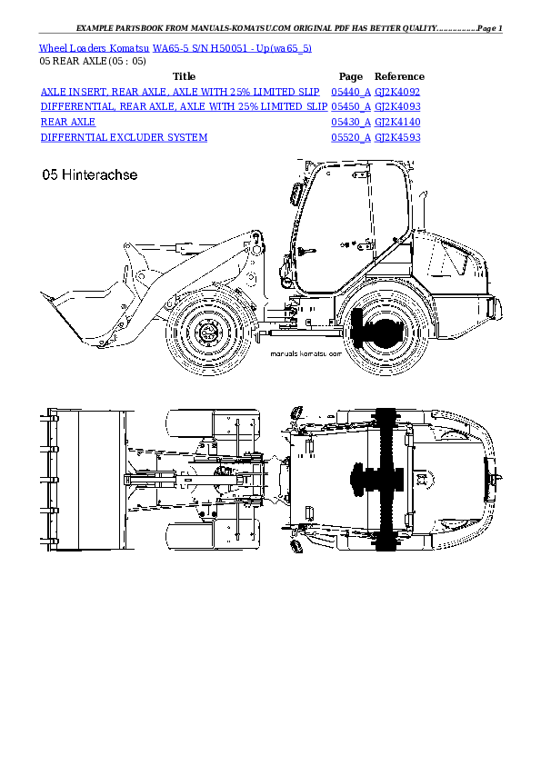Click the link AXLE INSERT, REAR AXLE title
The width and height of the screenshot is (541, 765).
click(x=180, y=92)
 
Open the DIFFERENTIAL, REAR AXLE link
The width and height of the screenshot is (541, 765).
click(x=184, y=106)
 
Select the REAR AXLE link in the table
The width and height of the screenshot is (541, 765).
click(x=68, y=122)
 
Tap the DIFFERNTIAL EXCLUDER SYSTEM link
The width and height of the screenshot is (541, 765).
click(x=124, y=137)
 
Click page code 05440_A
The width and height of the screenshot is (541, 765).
click(x=350, y=92)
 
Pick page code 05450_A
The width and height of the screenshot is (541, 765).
click(x=350, y=106)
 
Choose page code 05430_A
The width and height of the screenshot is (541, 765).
click(x=350, y=122)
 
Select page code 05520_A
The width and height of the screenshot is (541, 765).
click(x=350, y=137)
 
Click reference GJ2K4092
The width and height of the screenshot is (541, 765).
click(x=397, y=92)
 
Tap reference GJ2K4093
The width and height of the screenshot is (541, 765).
click(x=397, y=106)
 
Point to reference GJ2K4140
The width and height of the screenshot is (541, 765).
click(x=397, y=122)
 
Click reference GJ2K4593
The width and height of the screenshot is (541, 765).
click(x=397, y=137)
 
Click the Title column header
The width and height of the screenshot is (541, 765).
click(x=184, y=76)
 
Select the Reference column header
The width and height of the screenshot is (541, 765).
click(x=399, y=76)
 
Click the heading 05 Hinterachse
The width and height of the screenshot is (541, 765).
click(x=90, y=175)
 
